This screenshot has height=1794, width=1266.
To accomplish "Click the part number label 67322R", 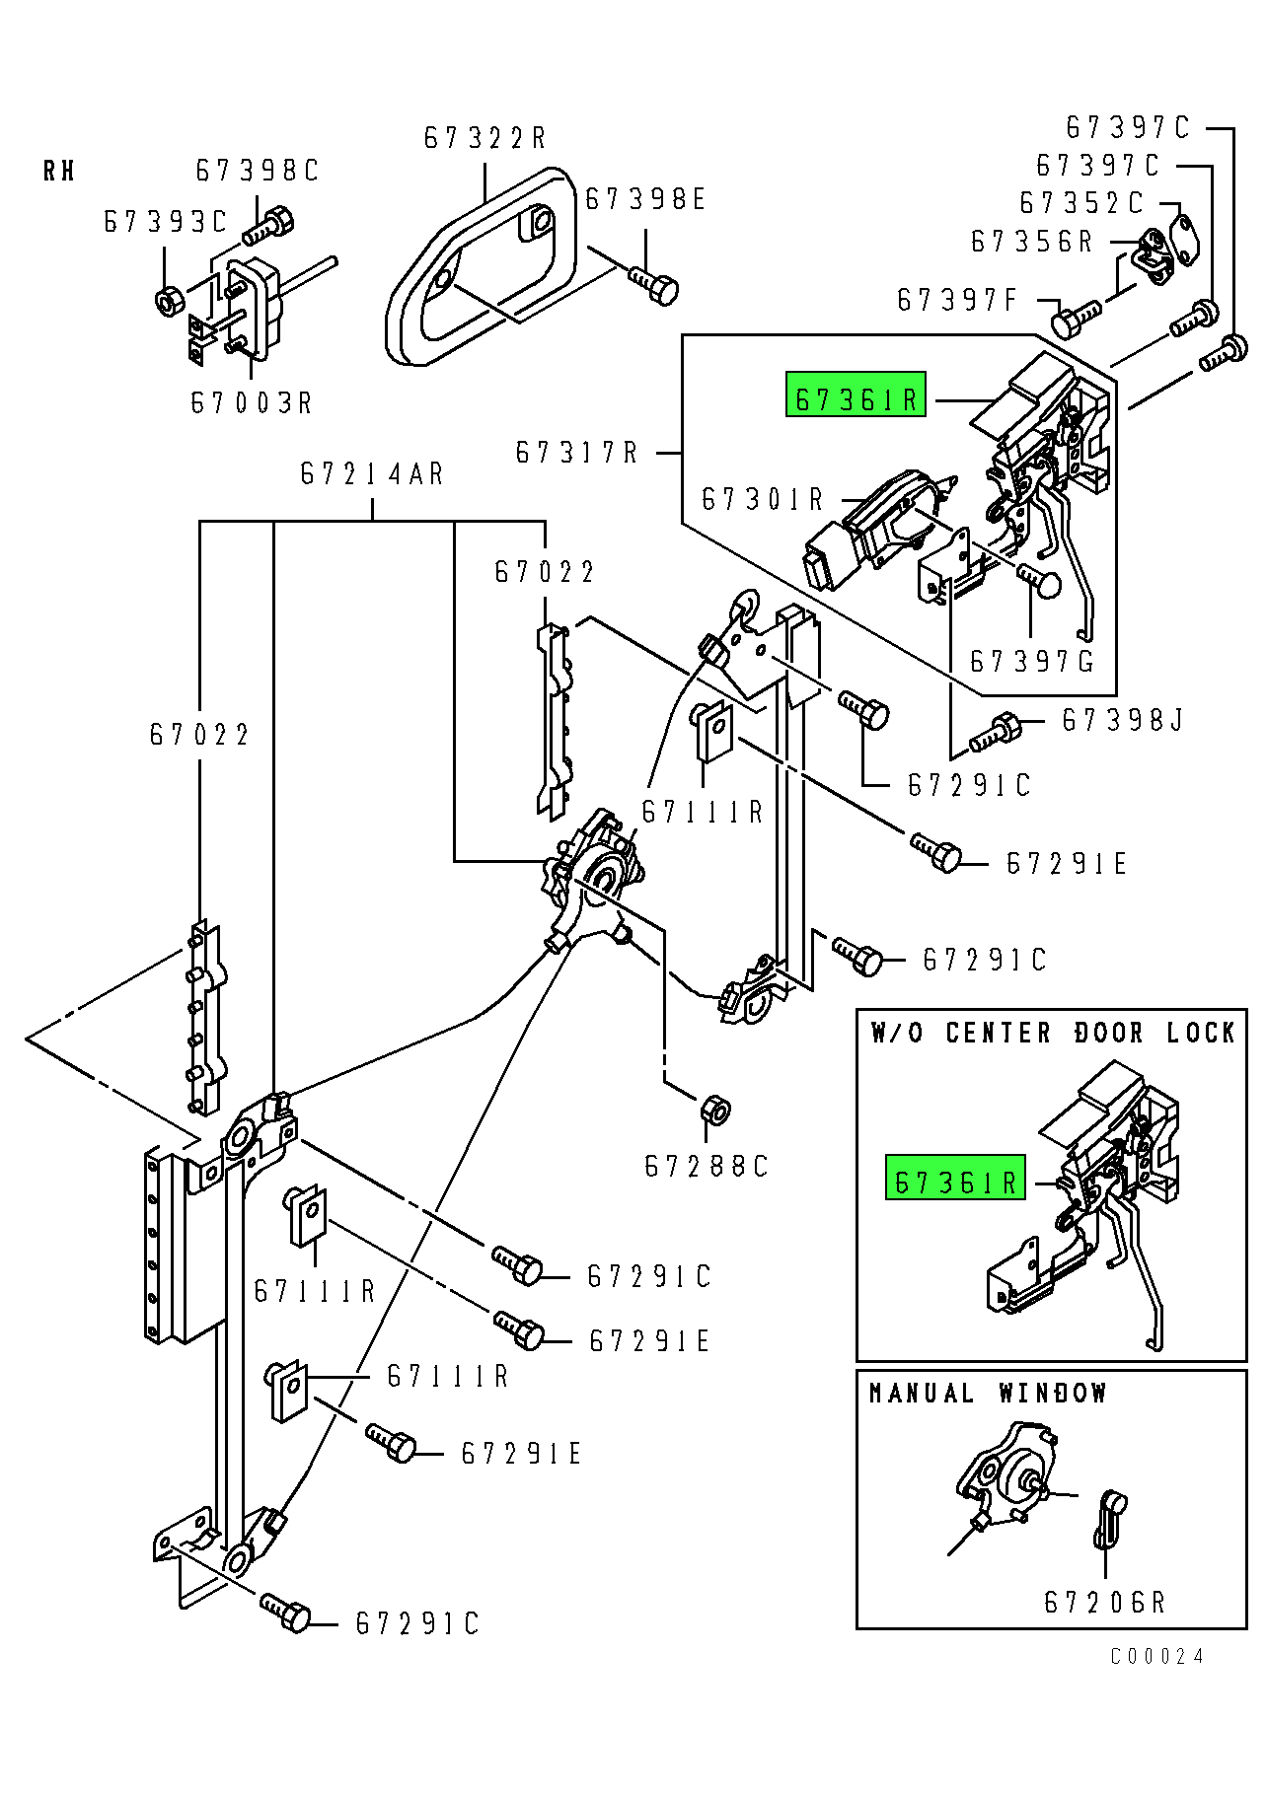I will coord(484,138).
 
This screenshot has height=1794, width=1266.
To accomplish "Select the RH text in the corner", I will coord(59,172).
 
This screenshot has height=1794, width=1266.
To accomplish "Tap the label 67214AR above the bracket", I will coord(372,474).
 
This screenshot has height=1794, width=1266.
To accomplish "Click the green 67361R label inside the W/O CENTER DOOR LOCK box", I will coord(955,1181).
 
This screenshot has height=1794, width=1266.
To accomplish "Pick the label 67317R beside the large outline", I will coord(577,453).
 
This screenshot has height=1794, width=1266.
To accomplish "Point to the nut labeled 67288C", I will coord(714,1110).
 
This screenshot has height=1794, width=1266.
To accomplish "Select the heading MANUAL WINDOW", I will coord(988,1394).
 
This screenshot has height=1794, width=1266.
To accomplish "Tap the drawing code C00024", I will coord(1156,1656).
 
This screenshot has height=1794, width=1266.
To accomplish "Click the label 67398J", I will coord(1122,721).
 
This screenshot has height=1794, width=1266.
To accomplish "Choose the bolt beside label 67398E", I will coord(655,285).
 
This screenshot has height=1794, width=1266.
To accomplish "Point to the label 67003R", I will coord(251,403).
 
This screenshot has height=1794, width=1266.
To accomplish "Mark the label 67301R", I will coord(762,500).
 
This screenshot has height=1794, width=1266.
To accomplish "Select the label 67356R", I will coord(1032,243).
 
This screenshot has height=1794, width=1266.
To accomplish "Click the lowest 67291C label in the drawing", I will coord(417,1623).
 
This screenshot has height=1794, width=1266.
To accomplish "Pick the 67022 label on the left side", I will coord(200,735).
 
